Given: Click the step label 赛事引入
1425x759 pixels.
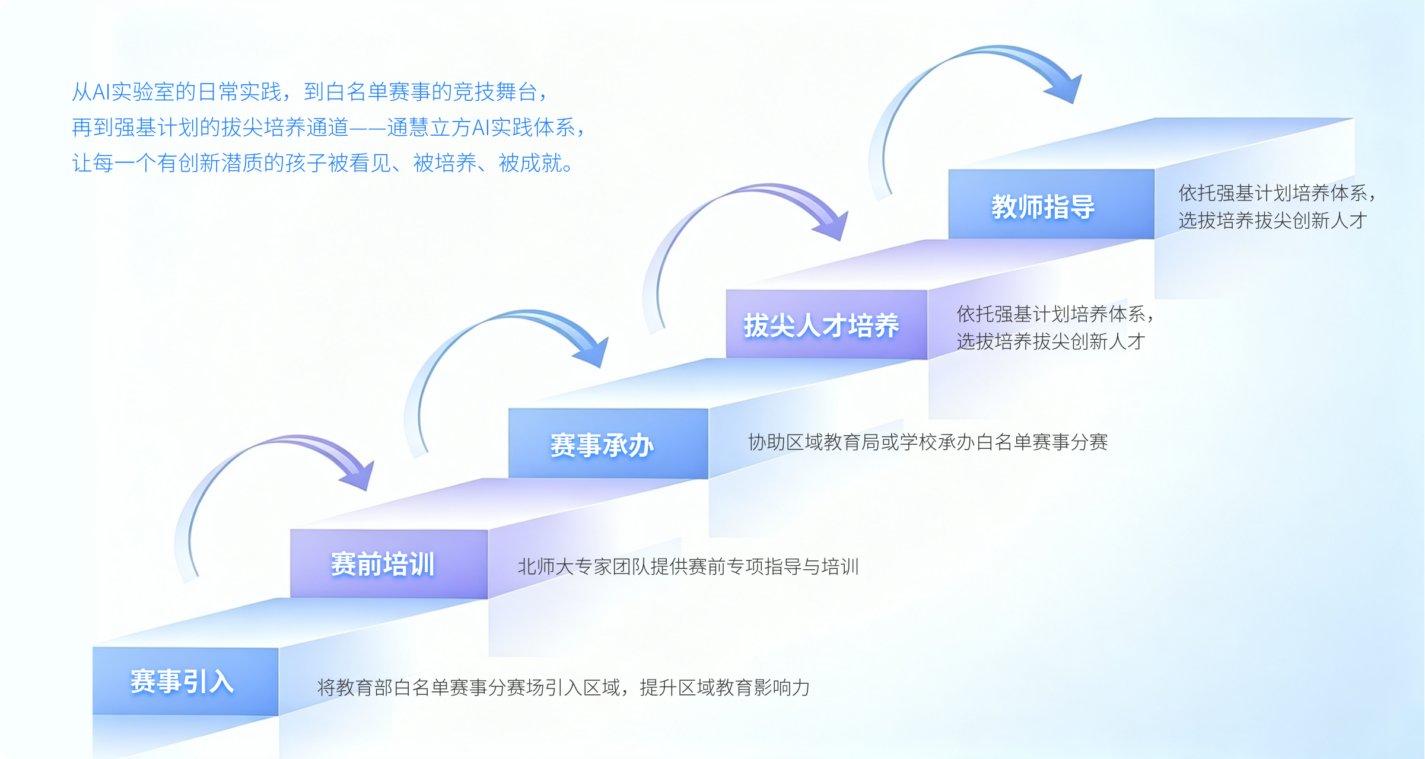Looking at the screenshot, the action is [x=182, y=681].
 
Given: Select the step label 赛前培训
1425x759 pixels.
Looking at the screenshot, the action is [x=383, y=564].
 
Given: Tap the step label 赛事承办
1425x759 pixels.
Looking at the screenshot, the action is [x=602, y=445].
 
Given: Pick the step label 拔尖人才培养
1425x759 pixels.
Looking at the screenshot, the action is [x=822, y=326].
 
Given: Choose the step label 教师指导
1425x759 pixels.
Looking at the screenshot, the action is [x=1044, y=207].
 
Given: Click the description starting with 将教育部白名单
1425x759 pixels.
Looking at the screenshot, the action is [x=564, y=687].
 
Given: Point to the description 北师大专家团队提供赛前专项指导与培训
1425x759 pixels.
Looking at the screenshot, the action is [x=688, y=566].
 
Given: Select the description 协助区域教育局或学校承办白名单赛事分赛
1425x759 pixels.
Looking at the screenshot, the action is [x=928, y=442].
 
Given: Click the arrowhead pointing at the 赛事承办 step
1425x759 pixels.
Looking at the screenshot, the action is [x=591, y=352].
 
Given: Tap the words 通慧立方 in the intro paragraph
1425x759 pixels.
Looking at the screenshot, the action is [x=429, y=127].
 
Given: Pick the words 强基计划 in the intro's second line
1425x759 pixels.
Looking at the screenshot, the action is [x=157, y=127].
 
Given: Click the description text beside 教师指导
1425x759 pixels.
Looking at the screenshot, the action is [x=1277, y=206].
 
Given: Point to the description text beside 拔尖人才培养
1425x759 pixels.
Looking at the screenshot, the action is [x=1055, y=327].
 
